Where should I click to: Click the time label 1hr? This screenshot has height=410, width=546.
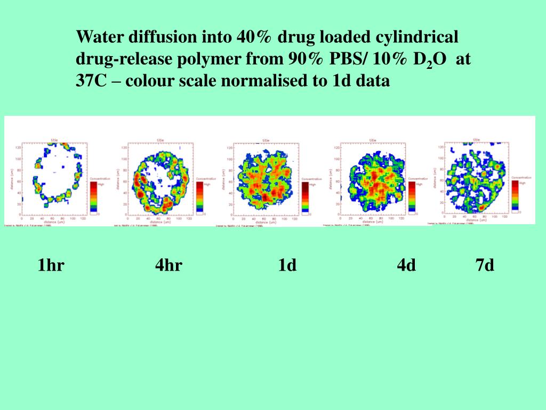pyautogui.click(x=51, y=265)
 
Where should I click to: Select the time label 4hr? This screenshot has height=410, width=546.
pyautogui.click(x=168, y=265)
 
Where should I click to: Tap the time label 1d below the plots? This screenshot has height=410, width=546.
pyautogui.click(x=287, y=265)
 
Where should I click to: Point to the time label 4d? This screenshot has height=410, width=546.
pyautogui.click(x=406, y=265)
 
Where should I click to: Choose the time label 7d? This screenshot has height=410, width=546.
pyautogui.click(x=485, y=265)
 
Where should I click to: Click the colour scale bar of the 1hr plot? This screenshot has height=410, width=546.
pyautogui.click(x=93, y=196)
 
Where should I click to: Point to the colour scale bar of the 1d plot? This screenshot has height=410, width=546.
pyautogui.click(x=306, y=197)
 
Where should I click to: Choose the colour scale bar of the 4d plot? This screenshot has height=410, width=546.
pyautogui.click(x=412, y=196)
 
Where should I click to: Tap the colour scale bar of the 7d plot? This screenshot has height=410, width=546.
pyautogui.click(x=515, y=195)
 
